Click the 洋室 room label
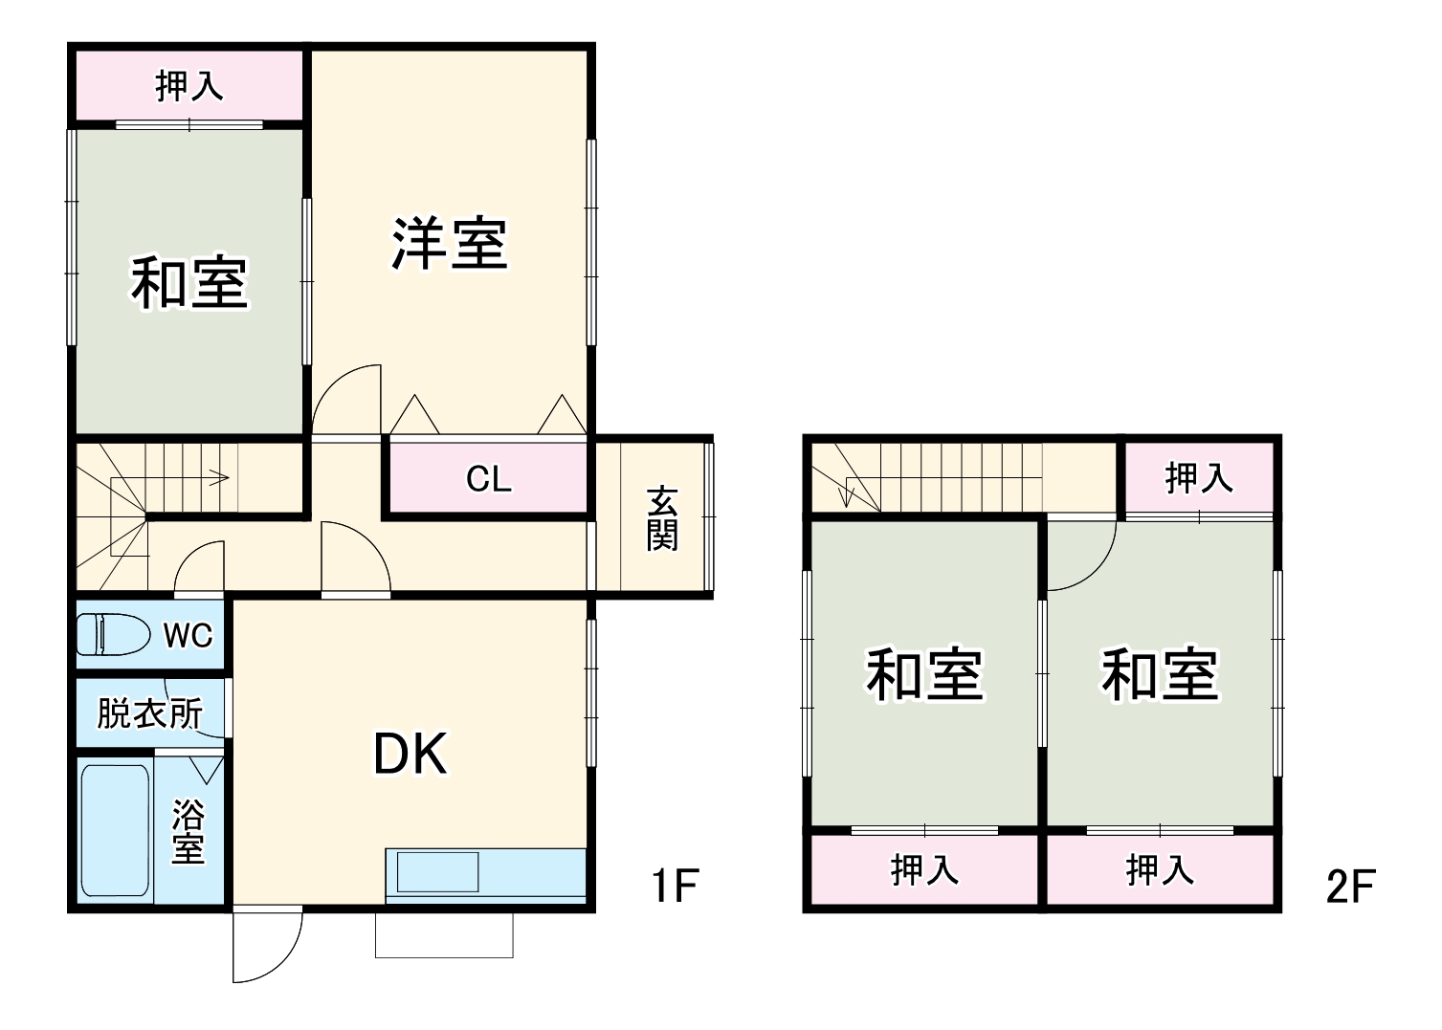click(x=449, y=244)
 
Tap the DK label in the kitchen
click(x=410, y=755)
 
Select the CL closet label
click(x=488, y=478)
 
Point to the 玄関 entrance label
click(x=661, y=518)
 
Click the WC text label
click(x=188, y=634)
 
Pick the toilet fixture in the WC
click(x=114, y=634)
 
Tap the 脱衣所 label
click(x=149, y=713)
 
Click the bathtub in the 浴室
click(x=114, y=829)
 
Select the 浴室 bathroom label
click(x=188, y=832)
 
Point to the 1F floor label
click(x=676, y=886)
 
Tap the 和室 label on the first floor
click(x=189, y=283)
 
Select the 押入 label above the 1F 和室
click(x=189, y=86)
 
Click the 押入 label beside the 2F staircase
click(x=1198, y=477)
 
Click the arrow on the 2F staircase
click(x=846, y=496)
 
